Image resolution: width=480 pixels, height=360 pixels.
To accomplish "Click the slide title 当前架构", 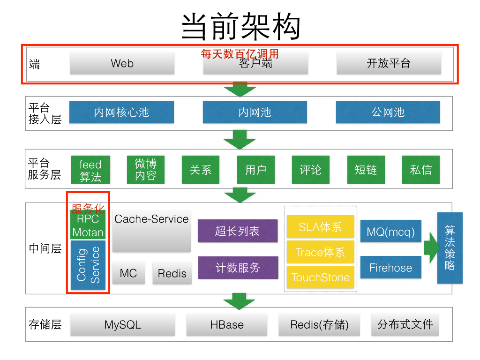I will click(x=240, y=27).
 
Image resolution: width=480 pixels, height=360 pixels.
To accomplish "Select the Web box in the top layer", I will click(x=122, y=63).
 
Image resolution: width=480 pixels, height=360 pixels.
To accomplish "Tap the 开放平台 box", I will click(x=389, y=63).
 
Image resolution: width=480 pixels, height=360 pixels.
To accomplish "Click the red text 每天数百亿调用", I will click(x=240, y=54).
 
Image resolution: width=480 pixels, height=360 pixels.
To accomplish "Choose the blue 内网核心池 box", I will click(x=121, y=112).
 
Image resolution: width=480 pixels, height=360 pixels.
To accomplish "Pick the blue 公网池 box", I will click(x=388, y=112).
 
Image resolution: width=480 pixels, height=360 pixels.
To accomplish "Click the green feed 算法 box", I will click(x=90, y=170).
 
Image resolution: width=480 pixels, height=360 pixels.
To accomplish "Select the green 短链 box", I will click(x=366, y=169).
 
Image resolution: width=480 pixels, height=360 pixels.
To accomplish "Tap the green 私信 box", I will click(x=420, y=169).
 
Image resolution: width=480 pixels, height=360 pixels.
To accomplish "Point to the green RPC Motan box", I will click(x=88, y=225).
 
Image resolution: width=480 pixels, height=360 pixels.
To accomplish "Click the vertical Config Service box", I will click(x=88, y=265).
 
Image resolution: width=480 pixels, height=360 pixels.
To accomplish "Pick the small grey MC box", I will click(x=128, y=273).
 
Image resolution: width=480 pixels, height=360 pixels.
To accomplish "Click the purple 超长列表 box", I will click(x=237, y=231).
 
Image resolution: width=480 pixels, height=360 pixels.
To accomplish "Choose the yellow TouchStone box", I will click(x=321, y=277).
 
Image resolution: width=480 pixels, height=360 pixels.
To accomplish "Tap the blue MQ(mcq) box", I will click(x=390, y=231).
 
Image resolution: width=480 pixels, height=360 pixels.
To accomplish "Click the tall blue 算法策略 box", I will click(x=450, y=247).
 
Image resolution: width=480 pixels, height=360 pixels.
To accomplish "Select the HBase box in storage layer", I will click(x=227, y=324).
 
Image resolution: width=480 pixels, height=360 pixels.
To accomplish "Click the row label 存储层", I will click(x=45, y=324).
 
